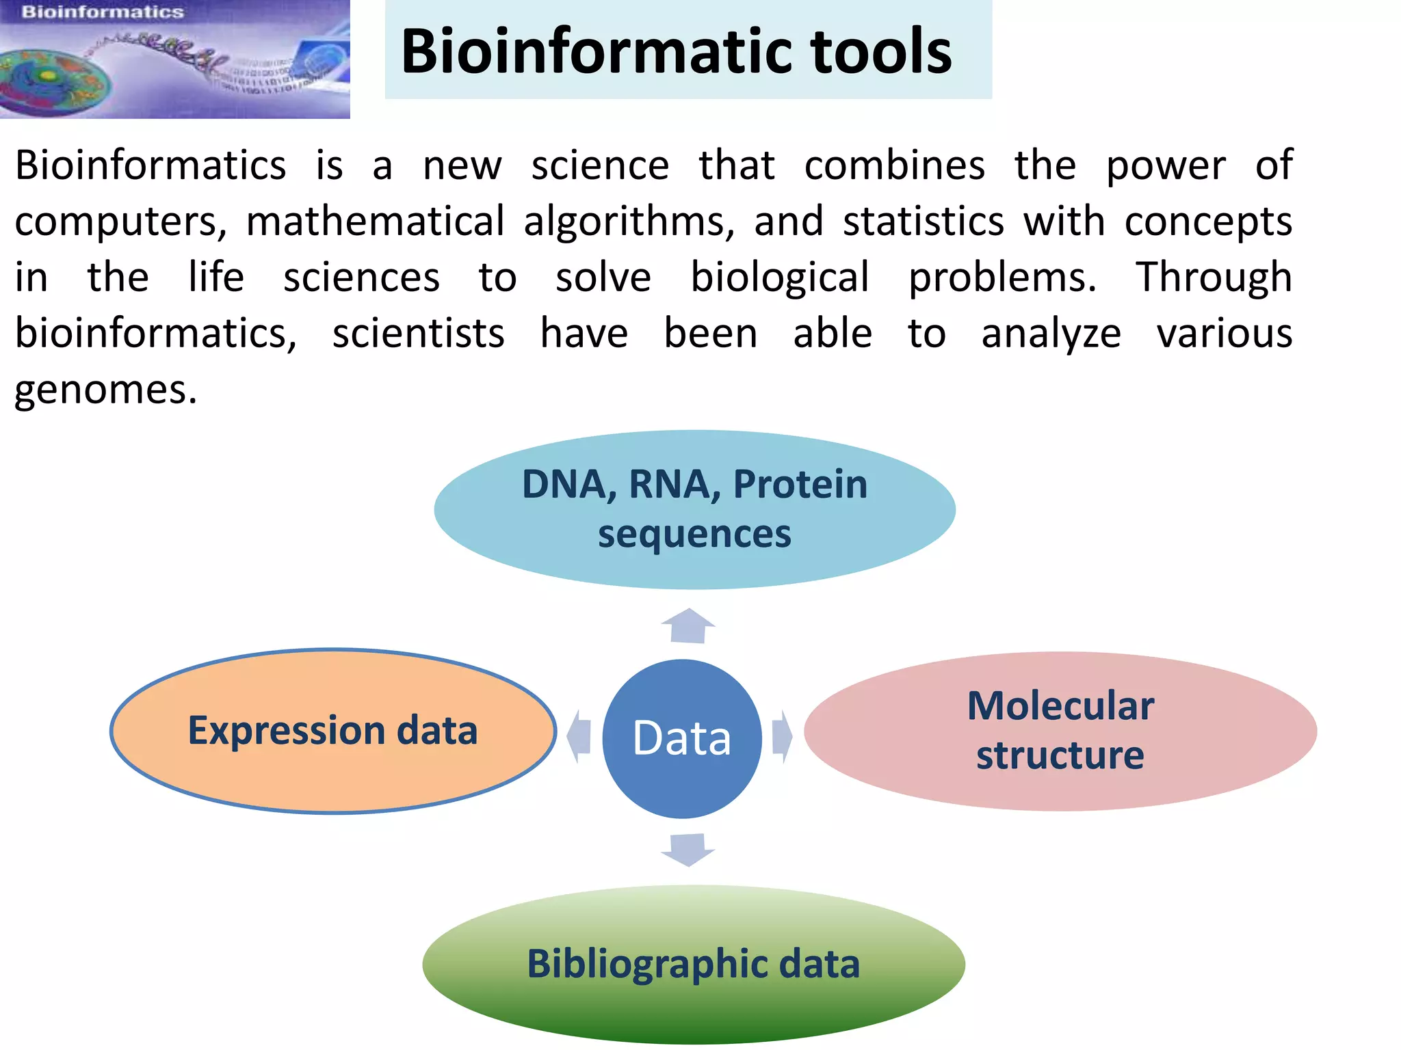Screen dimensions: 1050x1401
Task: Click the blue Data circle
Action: click(x=682, y=738)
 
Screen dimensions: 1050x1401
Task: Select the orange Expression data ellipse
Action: click(x=333, y=731)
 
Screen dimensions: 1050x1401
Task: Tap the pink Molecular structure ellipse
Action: click(x=1060, y=731)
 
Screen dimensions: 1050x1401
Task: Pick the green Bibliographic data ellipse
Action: click(x=693, y=964)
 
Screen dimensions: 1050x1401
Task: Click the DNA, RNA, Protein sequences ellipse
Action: click(x=694, y=509)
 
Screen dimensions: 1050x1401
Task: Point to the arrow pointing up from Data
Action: click(x=688, y=625)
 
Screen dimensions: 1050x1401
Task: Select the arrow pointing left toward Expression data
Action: click(x=579, y=736)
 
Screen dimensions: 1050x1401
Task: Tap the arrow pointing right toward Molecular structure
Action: click(x=782, y=736)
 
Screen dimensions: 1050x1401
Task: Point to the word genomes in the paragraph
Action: click(x=106, y=391)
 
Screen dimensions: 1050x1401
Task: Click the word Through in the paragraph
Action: click(x=1214, y=278)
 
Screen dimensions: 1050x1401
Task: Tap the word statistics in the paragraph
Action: click(x=924, y=222)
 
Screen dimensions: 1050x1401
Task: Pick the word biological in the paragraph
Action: click(x=780, y=278)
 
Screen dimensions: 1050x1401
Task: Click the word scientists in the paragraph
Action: click(x=419, y=334)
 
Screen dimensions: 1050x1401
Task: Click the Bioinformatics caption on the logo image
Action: click(x=103, y=12)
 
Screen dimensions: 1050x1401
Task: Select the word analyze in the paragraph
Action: click(x=1051, y=334)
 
